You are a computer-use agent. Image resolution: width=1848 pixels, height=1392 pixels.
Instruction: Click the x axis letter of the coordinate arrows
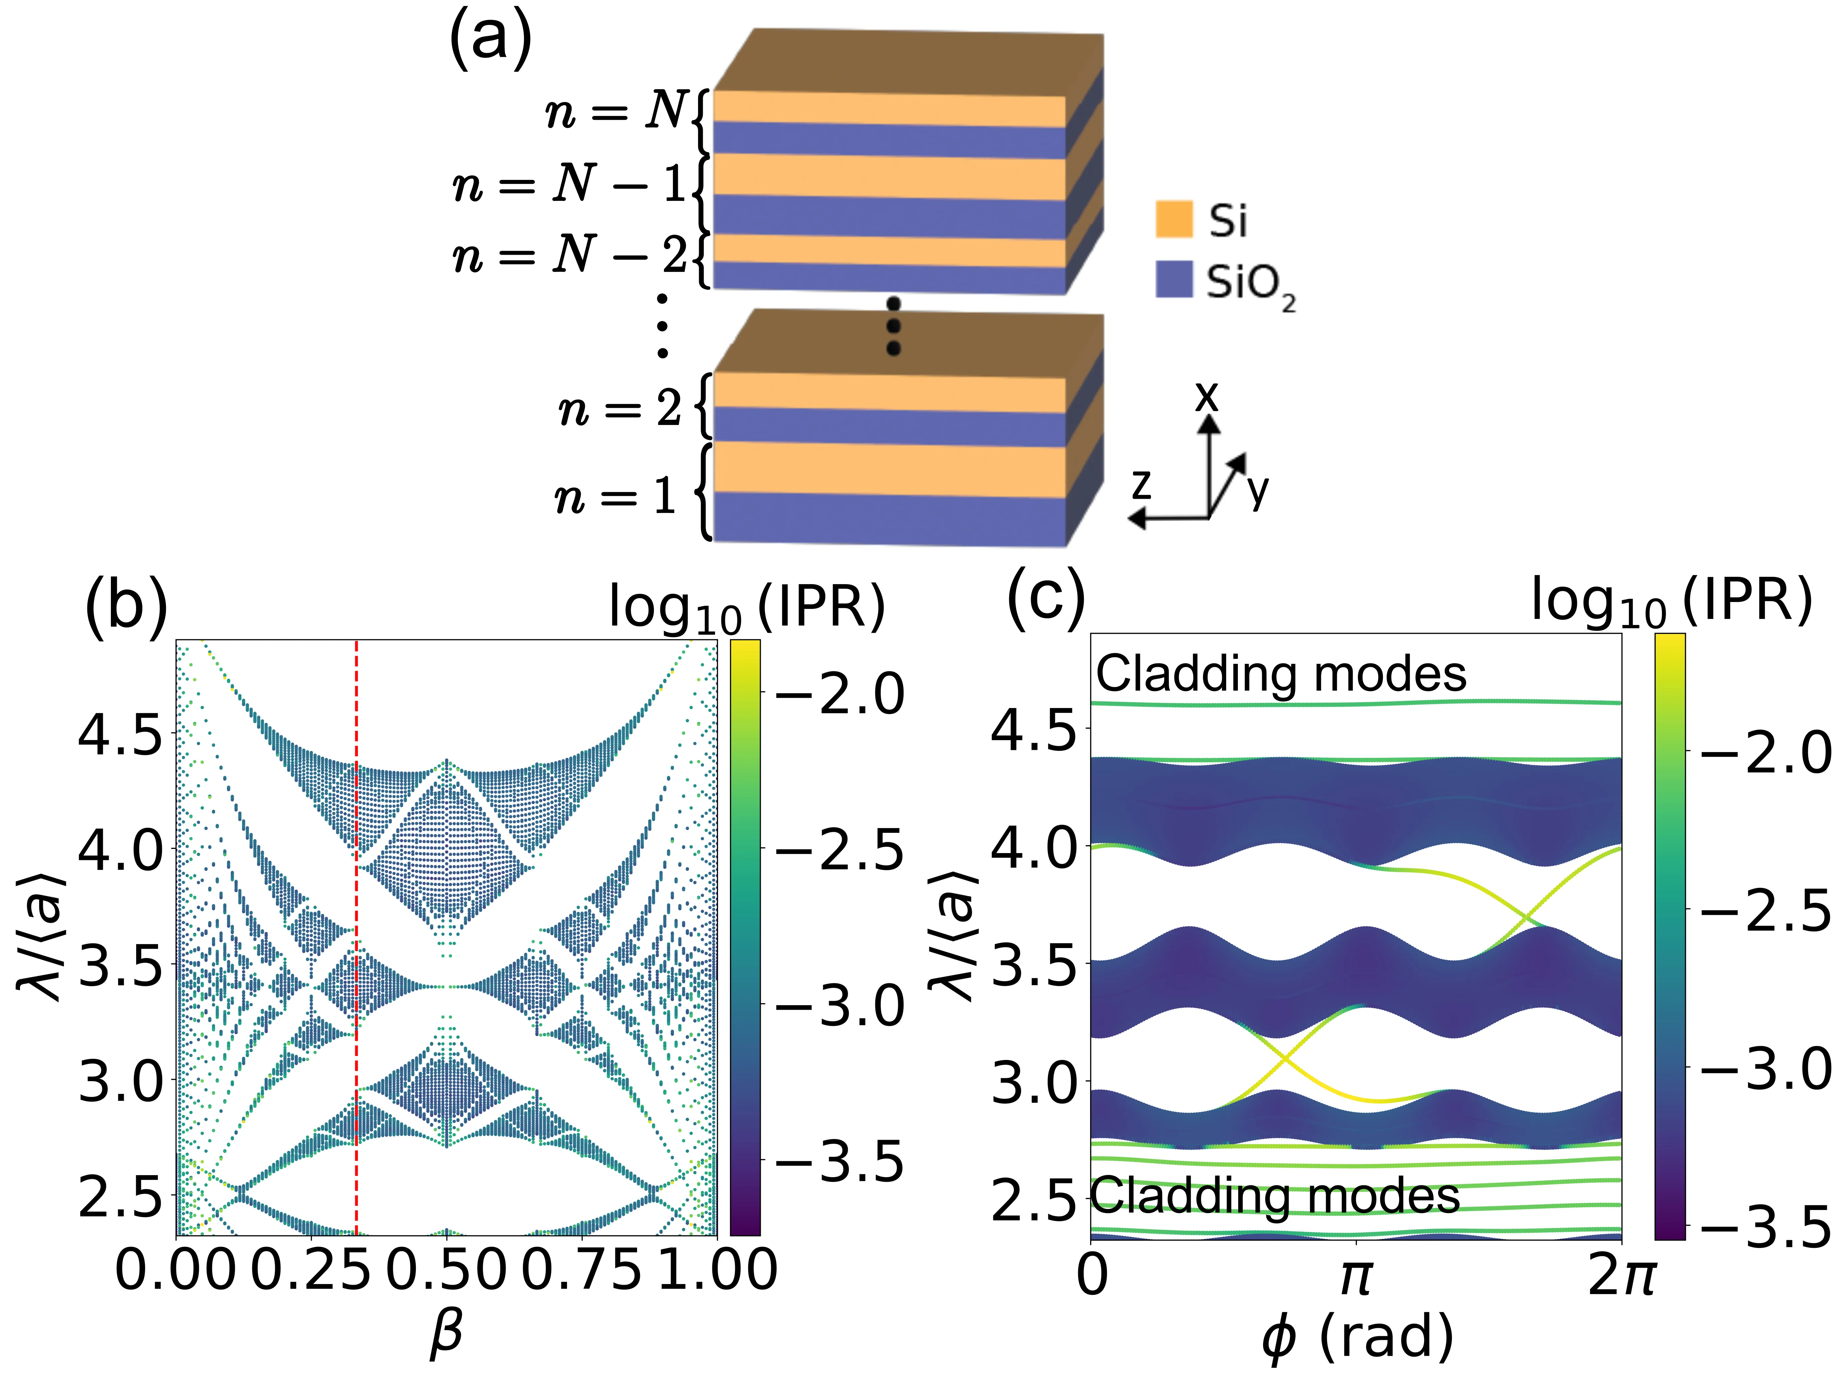coord(1206,396)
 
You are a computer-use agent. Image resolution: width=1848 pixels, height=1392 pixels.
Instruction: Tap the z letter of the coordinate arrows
coord(1141,484)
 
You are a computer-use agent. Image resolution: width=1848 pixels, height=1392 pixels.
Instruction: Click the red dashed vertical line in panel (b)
coord(357,919)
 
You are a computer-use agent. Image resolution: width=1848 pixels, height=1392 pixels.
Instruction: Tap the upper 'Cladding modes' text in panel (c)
coord(1281,673)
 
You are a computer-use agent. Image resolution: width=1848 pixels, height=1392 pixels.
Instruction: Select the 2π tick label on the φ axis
coord(1621,1276)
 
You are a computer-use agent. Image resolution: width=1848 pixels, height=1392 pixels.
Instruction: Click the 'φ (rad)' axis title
coord(1358,1337)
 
